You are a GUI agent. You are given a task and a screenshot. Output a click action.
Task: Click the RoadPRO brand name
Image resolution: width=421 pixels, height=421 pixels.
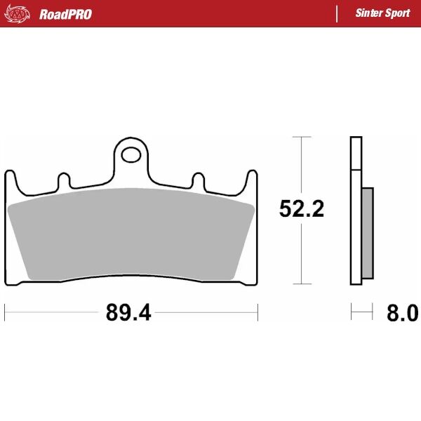[65, 14]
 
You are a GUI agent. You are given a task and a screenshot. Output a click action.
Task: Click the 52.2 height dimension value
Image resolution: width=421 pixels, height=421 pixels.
[302, 208]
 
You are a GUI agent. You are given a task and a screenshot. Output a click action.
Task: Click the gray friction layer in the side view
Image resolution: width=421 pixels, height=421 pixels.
[368, 232]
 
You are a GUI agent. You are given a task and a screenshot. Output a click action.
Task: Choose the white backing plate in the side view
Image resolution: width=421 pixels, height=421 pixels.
[356, 210]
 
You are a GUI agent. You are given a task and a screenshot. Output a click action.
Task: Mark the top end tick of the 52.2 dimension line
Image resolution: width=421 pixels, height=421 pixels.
[302, 137]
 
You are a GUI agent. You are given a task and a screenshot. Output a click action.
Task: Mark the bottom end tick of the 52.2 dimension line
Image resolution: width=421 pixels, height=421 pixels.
[302, 285]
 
